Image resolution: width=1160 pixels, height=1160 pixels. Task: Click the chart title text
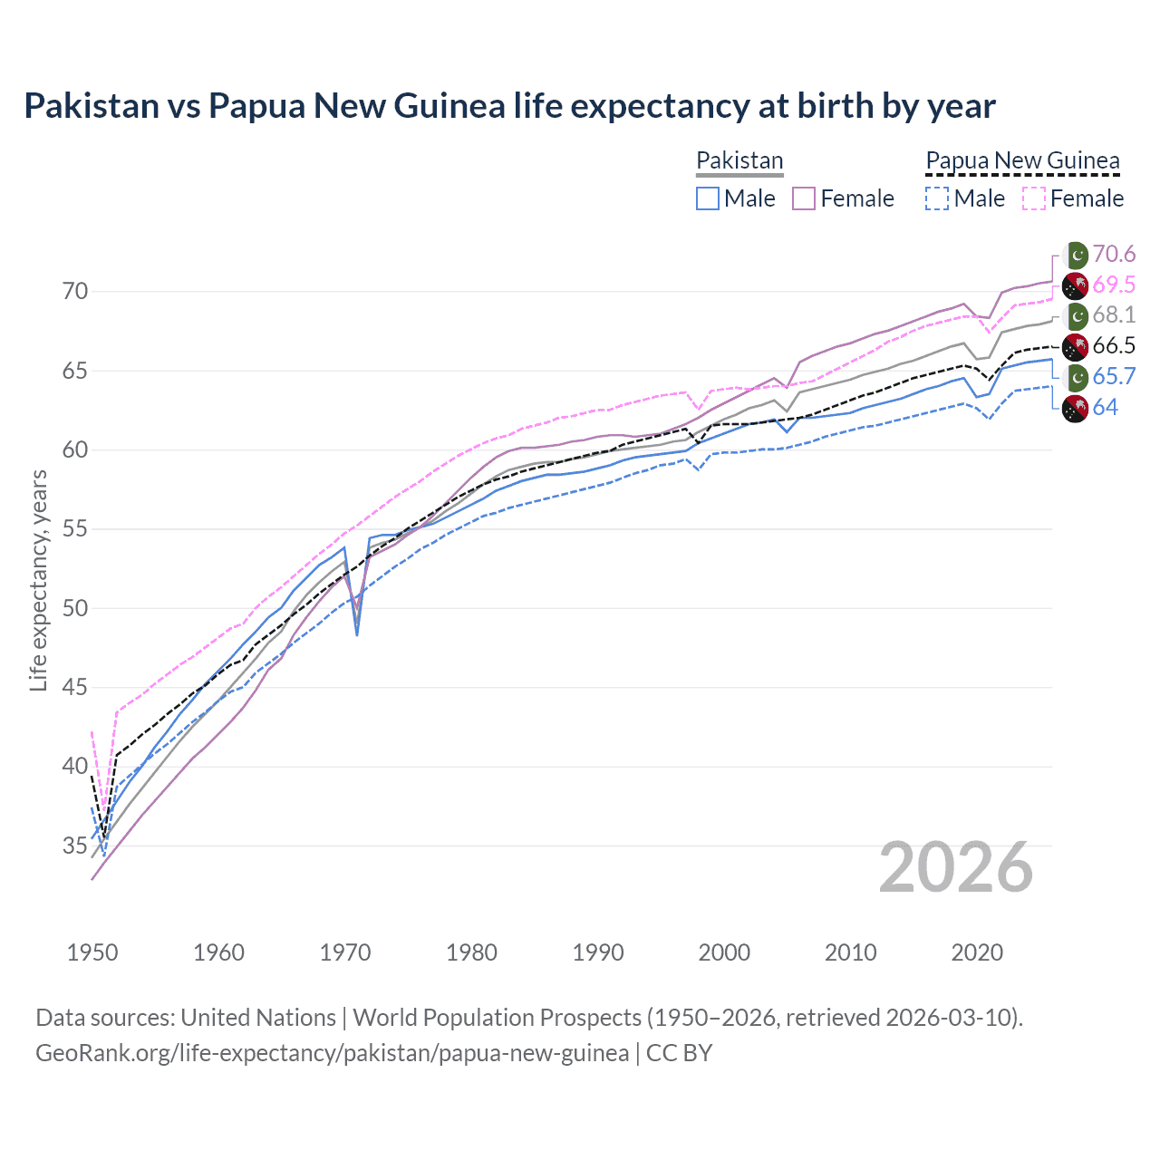coord(509,106)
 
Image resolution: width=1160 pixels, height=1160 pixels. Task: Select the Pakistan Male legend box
coord(708,198)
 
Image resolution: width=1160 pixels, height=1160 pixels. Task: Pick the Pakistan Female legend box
coord(804,198)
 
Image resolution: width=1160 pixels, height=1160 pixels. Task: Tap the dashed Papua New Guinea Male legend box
coord(937,198)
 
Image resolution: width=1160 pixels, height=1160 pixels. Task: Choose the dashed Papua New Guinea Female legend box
coord(1033,198)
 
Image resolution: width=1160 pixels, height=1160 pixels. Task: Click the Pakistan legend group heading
coord(739,160)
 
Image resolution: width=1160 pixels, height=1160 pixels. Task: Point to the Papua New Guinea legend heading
coord(1022,160)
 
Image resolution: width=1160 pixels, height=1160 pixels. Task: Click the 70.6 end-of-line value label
coord(1114,254)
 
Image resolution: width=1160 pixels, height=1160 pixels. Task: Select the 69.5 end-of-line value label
coord(1114,285)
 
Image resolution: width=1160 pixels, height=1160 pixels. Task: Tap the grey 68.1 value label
coord(1114,314)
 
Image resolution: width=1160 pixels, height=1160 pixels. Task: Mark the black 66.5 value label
coord(1114,345)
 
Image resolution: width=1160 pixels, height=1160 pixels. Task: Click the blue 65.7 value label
coord(1114,376)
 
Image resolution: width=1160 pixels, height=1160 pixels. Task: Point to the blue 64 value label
coord(1105,407)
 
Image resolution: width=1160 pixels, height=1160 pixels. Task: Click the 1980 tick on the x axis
coord(472,952)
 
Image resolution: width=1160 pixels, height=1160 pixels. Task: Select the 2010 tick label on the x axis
coord(850,952)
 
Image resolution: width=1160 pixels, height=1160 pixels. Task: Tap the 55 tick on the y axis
coord(75,529)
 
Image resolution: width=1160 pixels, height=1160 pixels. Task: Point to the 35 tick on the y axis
coord(75,846)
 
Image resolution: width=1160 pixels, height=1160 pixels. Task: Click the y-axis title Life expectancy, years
coord(39,580)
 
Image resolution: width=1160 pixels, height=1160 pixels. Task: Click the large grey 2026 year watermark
coord(956,867)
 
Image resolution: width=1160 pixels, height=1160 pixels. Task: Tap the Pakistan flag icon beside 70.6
coord(1076,255)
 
